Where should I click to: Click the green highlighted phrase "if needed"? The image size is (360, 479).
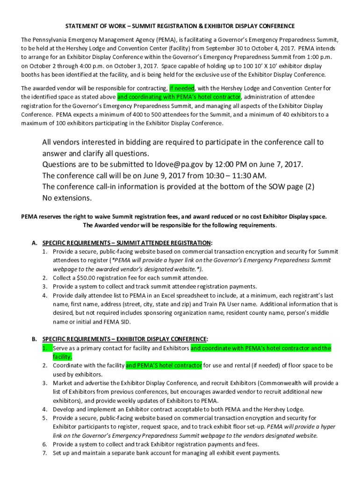click(x=182, y=88)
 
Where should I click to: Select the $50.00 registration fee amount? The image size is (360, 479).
click(x=89, y=277)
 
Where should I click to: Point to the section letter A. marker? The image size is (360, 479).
click(x=34, y=243)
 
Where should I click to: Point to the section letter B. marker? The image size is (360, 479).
click(x=34, y=339)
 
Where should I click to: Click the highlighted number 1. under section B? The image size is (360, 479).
click(x=45, y=348)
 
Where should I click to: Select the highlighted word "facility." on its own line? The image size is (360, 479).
click(x=62, y=356)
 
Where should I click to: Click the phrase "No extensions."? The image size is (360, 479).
click(x=67, y=198)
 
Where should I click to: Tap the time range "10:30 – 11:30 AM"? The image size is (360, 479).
click(x=222, y=175)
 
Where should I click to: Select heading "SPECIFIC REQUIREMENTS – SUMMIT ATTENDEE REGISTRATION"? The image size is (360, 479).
click(x=127, y=243)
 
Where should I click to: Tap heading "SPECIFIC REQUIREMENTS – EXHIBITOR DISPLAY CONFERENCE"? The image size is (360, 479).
click(x=125, y=339)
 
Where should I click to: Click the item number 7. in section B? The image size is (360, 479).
click(x=45, y=453)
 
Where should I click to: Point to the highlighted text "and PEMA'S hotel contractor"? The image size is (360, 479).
click(x=164, y=365)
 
